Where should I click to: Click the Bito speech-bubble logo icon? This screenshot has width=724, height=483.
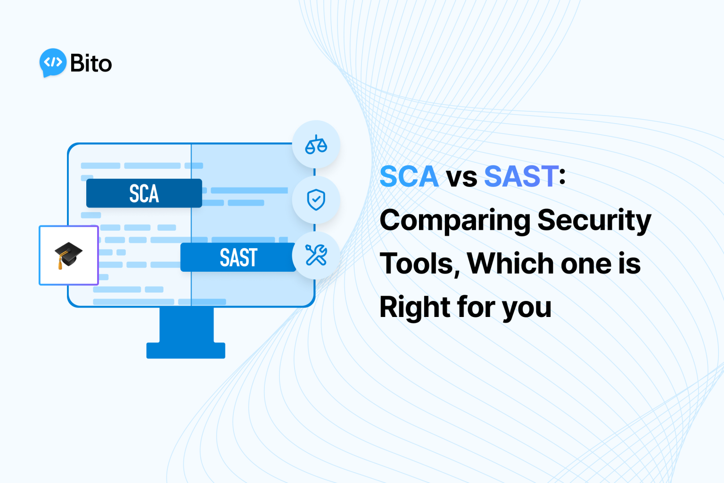[53, 62]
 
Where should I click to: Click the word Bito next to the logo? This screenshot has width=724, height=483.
[91, 63]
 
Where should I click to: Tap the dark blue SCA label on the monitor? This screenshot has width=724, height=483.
[144, 193]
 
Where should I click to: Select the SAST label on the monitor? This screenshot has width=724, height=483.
[238, 258]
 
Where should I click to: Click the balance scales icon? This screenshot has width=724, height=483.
[316, 145]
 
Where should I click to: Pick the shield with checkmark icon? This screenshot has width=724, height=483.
[316, 200]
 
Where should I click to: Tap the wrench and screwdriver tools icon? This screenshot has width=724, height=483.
[316, 255]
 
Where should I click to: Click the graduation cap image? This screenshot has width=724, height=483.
[68, 255]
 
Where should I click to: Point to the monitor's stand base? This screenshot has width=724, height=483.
[186, 350]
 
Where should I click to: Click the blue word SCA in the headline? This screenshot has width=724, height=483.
[409, 176]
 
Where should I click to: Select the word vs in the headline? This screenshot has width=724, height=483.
[461, 177]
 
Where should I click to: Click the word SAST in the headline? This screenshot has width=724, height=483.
[521, 176]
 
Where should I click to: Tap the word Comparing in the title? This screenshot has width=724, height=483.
[454, 221]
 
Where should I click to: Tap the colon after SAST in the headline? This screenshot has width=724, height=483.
[562, 177]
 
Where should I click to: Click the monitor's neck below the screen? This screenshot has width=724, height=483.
[186, 325]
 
